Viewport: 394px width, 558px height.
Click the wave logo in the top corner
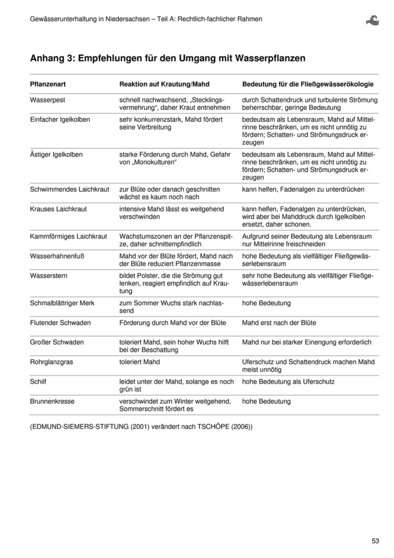373,20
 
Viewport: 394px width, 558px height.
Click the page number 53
375,541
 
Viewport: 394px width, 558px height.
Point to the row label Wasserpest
48,100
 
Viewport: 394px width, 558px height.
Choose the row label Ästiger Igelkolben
57,154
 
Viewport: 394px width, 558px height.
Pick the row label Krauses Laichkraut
59,209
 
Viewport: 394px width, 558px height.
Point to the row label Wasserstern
49,276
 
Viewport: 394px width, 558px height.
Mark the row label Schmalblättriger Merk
62,303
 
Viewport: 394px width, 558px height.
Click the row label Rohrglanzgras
52,362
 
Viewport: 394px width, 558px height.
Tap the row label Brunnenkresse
53,401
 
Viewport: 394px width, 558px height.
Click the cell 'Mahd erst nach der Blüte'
279,323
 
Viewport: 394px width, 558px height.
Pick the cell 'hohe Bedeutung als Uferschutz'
288,382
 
